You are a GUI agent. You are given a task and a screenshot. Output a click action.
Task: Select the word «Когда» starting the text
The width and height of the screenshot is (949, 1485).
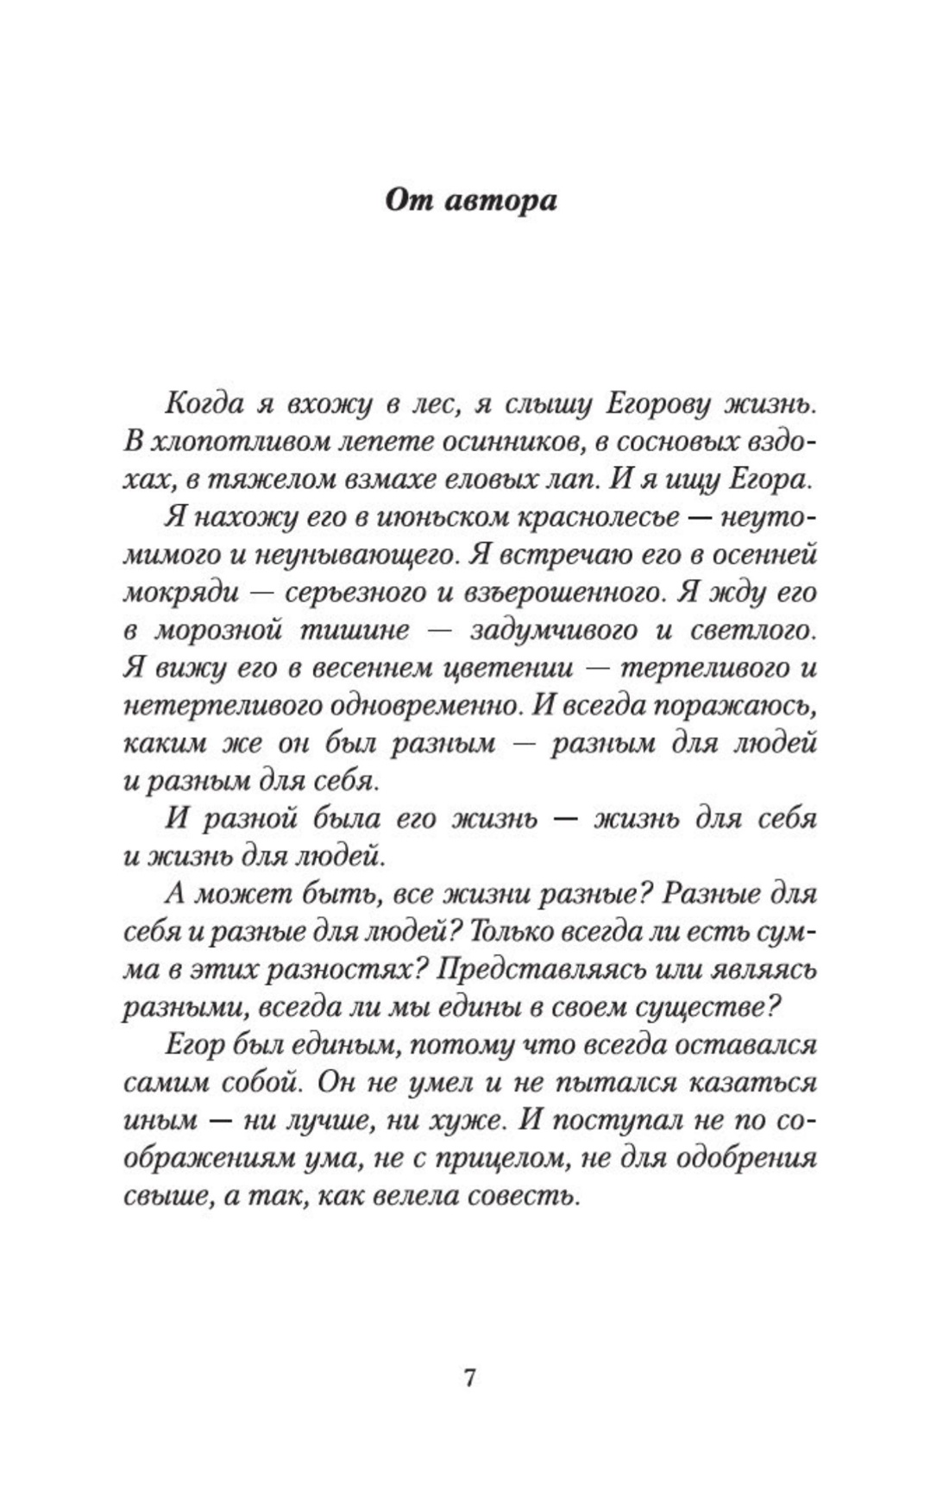[x=197, y=404]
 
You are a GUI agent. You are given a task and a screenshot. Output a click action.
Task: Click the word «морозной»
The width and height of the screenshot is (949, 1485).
[x=218, y=632]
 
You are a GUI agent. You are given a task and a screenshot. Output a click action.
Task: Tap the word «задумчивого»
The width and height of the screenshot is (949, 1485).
[x=554, y=632]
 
